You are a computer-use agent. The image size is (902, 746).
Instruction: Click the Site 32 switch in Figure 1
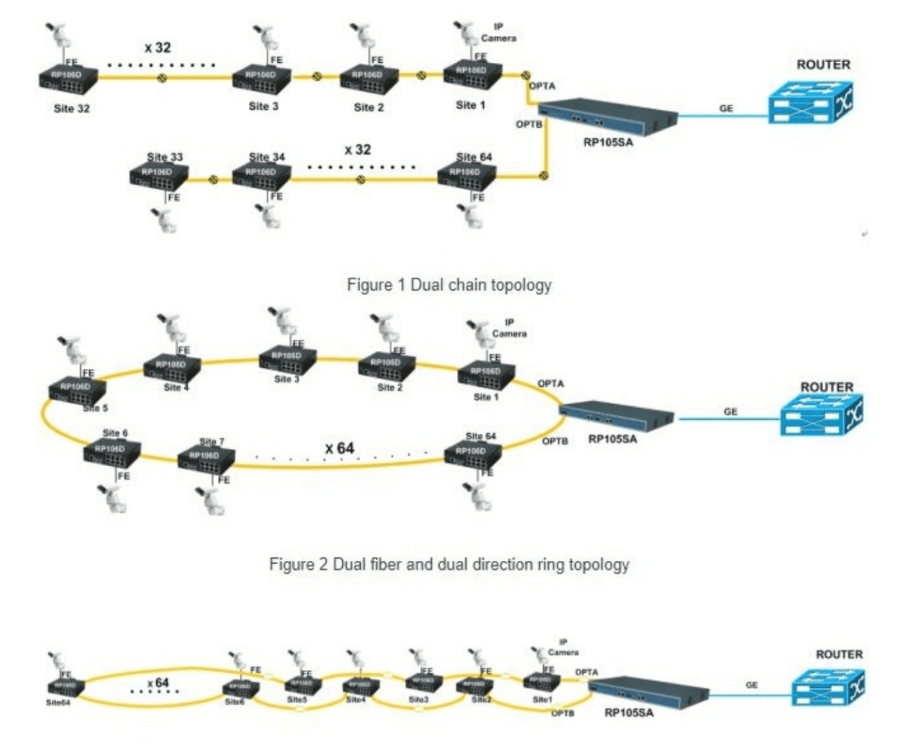(x=68, y=79)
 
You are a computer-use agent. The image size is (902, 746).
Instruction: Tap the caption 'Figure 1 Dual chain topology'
(x=449, y=285)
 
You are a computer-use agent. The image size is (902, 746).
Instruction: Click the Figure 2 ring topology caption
(x=449, y=564)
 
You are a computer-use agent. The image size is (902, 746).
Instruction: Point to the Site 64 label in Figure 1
(x=473, y=157)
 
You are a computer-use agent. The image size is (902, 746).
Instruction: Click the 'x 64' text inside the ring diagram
(x=339, y=449)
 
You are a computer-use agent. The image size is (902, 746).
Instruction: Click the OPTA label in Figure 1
(x=542, y=86)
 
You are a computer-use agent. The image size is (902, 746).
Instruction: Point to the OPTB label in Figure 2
(x=555, y=441)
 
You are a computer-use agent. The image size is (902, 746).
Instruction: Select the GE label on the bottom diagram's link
(x=751, y=685)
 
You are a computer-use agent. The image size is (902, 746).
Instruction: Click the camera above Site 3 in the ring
(x=283, y=325)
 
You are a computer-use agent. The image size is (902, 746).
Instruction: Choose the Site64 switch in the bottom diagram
(x=66, y=688)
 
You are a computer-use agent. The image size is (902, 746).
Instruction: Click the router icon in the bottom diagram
(x=828, y=687)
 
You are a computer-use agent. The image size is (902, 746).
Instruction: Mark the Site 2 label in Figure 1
(x=368, y=108)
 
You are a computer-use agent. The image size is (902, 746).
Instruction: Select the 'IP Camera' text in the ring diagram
(x=509, y=328)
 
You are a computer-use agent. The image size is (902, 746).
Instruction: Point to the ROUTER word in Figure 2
(x=827, y=387)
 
